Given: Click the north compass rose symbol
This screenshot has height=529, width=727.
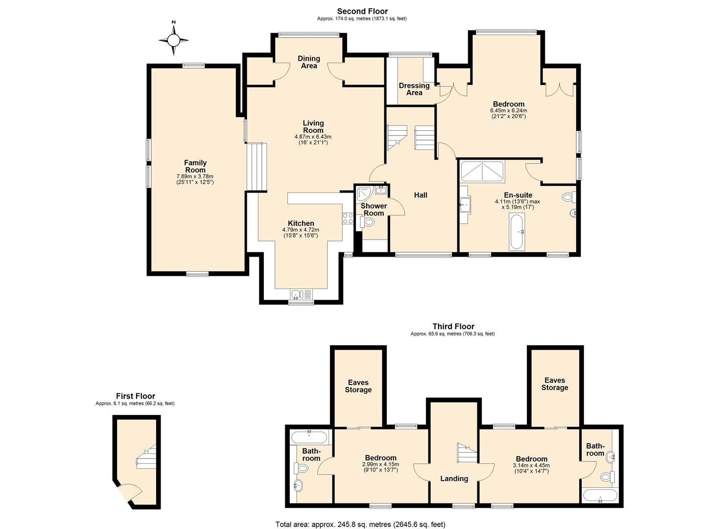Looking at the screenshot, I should click(173, 39).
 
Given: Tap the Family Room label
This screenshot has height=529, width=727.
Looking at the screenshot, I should click(195, 167).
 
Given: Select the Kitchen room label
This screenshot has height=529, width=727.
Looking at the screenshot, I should click(301, 223).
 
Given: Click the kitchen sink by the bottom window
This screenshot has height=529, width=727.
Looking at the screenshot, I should click(301, 294).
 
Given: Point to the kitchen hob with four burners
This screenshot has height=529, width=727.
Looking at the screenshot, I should click(348, 218).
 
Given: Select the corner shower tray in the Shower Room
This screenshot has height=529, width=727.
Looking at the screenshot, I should click(364, 194).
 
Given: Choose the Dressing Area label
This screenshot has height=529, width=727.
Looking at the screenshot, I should click(414, 89).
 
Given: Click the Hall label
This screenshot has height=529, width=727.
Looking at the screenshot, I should click(421, 195).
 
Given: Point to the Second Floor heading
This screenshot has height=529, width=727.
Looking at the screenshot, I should click(362, 11).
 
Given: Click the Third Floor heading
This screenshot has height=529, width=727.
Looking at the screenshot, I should click(453, 326).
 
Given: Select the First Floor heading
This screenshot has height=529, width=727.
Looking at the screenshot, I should click(135, 396).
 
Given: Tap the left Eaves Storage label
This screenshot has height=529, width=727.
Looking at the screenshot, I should click(358, 386).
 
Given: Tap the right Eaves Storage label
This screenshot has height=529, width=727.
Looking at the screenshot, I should click(554, 384).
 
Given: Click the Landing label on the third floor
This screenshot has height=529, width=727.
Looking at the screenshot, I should click(454, 479).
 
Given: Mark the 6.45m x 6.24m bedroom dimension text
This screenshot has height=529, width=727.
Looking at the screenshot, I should click(508, 110).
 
